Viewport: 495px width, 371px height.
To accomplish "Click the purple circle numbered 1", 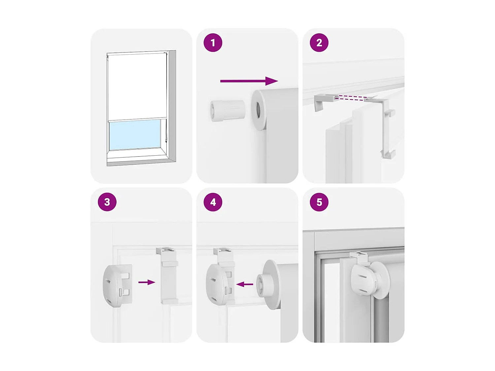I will pyautogui.click(x=213, y=43).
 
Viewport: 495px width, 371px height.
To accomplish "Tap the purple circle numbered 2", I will pyautogui.click(x=319, y=43).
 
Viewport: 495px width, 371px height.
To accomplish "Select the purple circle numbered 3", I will pyautogui.click(x=107, y=202).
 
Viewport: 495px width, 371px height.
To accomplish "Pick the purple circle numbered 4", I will pyautogui.click(x=213, y=202).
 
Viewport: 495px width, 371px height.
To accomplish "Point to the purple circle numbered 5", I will pyautogui.click(x=319, y=202).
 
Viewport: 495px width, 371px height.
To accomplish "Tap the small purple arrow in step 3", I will pyautogui.click(x=147, y=282).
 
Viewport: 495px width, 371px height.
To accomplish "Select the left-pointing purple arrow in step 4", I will pyautogui.click(x=245, y=284).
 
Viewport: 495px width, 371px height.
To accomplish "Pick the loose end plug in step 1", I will pyautogui.click(x=227, y=110).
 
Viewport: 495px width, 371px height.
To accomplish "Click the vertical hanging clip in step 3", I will pyautogui.click(x=169, y=275).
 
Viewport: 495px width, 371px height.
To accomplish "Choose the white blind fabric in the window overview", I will pyautogui.click(x=137, y=86).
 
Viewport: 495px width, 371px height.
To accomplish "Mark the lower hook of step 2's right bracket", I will pyautogui.click(x=388, y=154).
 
